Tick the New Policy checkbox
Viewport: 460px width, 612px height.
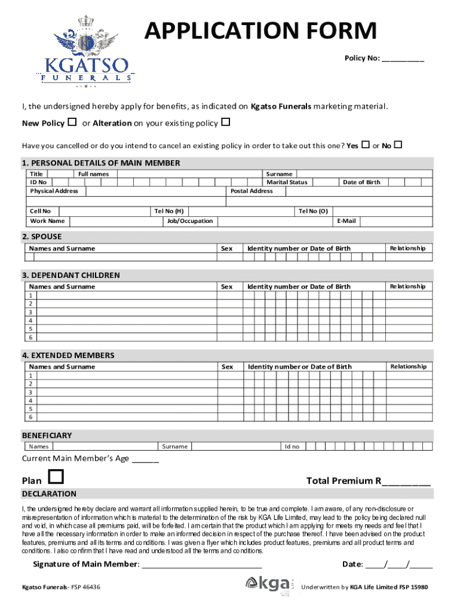(72, 123)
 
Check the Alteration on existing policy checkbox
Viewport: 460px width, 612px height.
(226, 123)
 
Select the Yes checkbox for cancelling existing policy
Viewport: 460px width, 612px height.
(365, 145)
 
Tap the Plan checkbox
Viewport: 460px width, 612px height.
(56, 477)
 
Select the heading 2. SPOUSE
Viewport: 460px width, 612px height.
(42, 237)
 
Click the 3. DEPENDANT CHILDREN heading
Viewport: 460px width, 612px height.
(71, 276)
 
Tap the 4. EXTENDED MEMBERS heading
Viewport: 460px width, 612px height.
(68, 356)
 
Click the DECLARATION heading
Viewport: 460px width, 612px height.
(49, 494)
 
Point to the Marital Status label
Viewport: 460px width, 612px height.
(287, 182)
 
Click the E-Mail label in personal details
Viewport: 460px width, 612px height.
(346, 221)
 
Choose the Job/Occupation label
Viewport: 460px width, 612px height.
(191, 221)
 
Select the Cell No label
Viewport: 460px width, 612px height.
(41, 211)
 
